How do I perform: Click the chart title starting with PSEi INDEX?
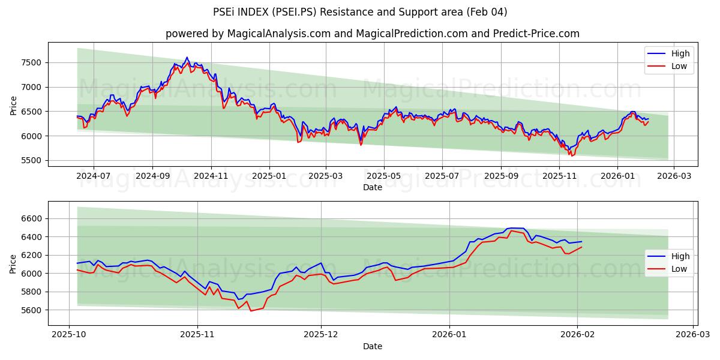point(360,12)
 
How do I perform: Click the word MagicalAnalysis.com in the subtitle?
point(278,34)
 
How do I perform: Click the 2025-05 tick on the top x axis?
point(384,176)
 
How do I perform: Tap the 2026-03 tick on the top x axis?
point(673,176)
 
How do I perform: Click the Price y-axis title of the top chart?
point(13,106)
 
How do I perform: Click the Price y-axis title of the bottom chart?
point(13,264)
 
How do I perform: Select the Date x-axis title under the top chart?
point(372,187)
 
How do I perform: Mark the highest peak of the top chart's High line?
point(187,58)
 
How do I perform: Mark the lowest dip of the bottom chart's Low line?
point(251,311)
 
